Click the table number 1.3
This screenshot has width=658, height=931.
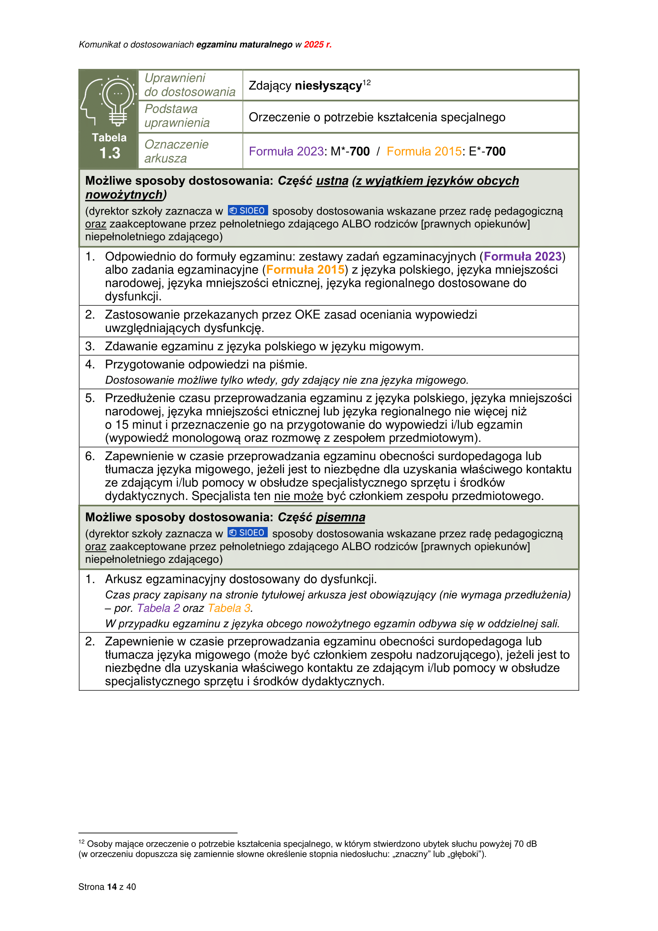pos(110,153)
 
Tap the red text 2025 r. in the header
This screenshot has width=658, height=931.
pos(317,45)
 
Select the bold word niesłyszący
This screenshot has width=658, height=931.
pos(328,86)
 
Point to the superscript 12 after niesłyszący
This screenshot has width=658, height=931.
pos(366,82)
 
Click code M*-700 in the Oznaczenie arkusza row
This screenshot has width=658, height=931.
pos(350,152)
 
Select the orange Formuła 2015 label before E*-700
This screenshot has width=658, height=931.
pos(424,152)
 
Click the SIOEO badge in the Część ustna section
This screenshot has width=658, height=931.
pos(247,211)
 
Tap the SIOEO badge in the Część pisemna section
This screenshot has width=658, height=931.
pos(247,533)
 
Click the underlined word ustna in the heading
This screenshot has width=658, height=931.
pos(332,181)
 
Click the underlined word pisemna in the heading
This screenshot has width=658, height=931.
pos(341,517)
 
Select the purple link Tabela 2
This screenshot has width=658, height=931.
pos(158,608)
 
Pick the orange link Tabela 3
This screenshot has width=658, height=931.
pos(229,608)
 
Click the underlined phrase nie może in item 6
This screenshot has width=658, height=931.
pos(298,496)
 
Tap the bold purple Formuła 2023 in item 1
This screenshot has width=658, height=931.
pos(522,257)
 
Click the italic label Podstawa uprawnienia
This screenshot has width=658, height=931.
pos(177,116)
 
